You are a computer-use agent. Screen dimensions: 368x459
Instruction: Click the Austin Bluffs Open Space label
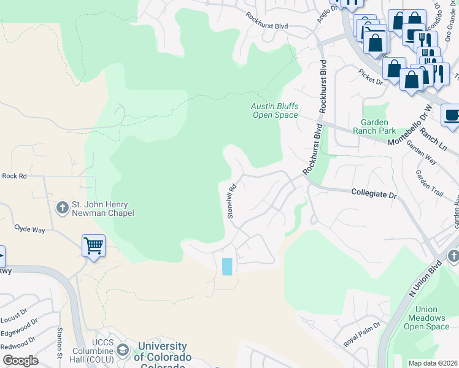tap(274, 110)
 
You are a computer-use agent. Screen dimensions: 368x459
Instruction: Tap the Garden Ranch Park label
tap(378, 126)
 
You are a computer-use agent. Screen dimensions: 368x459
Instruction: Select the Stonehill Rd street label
tap(232, 202)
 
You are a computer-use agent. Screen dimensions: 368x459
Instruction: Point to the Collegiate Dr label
tap(374, 193)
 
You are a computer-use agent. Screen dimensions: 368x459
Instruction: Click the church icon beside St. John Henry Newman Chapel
tap(61, 209)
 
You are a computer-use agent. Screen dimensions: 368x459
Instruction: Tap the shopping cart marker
tap(93, 247)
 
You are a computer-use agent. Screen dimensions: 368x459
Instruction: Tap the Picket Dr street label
tap(371, 77)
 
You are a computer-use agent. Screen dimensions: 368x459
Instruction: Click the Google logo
tap(21, 361)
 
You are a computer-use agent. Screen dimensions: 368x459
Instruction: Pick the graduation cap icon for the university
tap(122, 350)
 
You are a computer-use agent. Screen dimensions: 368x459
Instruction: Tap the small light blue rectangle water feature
tap(227, 266)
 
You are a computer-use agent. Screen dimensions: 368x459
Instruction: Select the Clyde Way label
tap(30, 229)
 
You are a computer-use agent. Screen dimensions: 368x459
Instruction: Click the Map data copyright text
tap(433, 363)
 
